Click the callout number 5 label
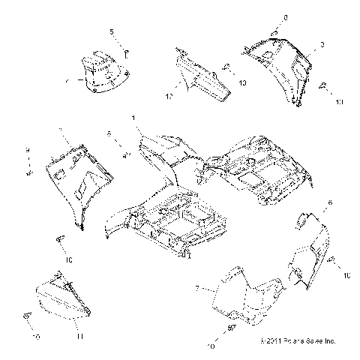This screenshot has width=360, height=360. click(x=113, y=31)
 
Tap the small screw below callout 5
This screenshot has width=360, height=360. click(x=127, y=52)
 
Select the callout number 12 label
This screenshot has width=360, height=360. click(x=169, y=97)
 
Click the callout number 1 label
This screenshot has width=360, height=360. click(x=134, y=118)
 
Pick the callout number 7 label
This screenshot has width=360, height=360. click(x=197, y=288)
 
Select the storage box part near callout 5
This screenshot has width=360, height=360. click(x=101, y=71)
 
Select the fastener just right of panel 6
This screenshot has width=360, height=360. click(x=330, y=260)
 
